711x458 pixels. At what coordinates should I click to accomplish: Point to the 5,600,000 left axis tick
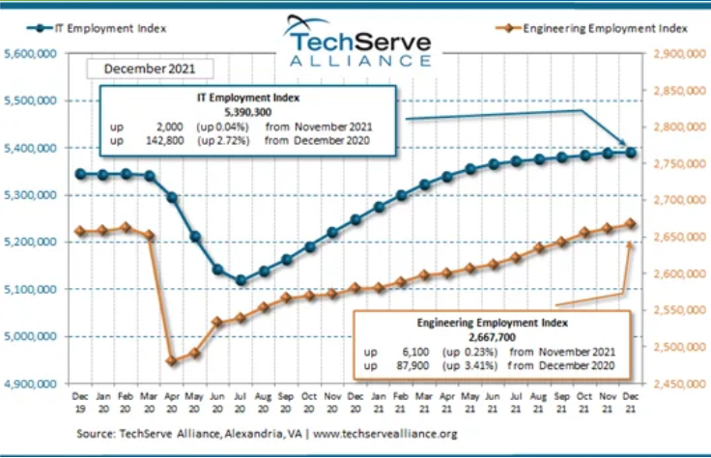point(31,54)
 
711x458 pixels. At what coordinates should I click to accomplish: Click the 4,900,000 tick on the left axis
point(31,384)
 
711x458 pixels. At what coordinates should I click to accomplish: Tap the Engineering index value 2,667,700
point(497,336)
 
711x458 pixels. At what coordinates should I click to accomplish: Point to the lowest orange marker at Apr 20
point(172,361)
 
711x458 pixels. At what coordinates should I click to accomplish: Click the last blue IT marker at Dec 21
point(630,152)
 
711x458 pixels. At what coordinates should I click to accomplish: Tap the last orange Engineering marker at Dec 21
point(630,223)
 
